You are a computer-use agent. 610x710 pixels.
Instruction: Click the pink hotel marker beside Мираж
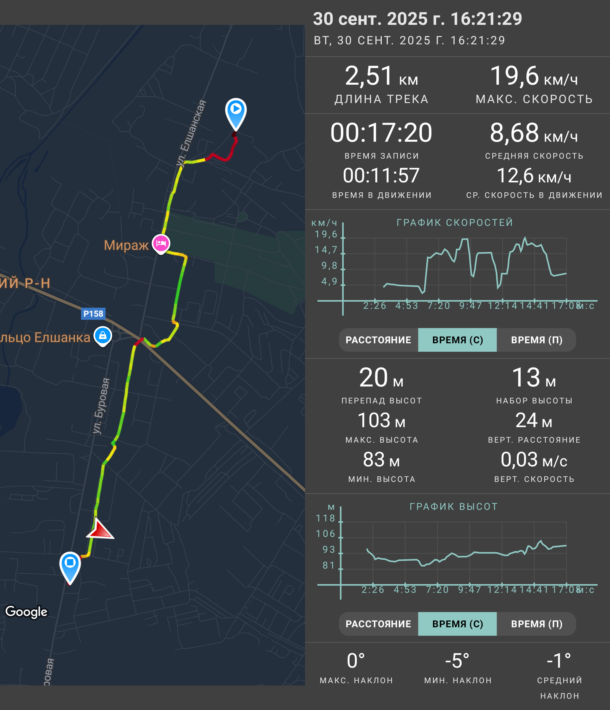pos(161,244)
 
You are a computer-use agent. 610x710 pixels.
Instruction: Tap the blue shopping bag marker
pos(103,336)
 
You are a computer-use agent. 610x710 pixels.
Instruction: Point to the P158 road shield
pos(93,314)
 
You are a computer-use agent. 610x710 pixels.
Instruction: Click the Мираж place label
pos(126,245)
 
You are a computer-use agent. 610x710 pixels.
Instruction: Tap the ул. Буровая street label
pos(101,406)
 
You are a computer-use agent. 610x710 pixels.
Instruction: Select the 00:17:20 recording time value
pos(381,133)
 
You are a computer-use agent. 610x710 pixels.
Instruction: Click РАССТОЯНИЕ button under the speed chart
pos(378,340)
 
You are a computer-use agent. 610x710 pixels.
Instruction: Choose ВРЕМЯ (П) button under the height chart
pos(536,624)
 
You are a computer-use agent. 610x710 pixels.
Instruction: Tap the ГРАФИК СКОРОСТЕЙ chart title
pos(455,222)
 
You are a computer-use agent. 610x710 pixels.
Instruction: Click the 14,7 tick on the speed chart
pos(326,250)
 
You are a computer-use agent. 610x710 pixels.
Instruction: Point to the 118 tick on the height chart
pos(325,518)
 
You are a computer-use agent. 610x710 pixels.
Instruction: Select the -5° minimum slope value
pos(457,661)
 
